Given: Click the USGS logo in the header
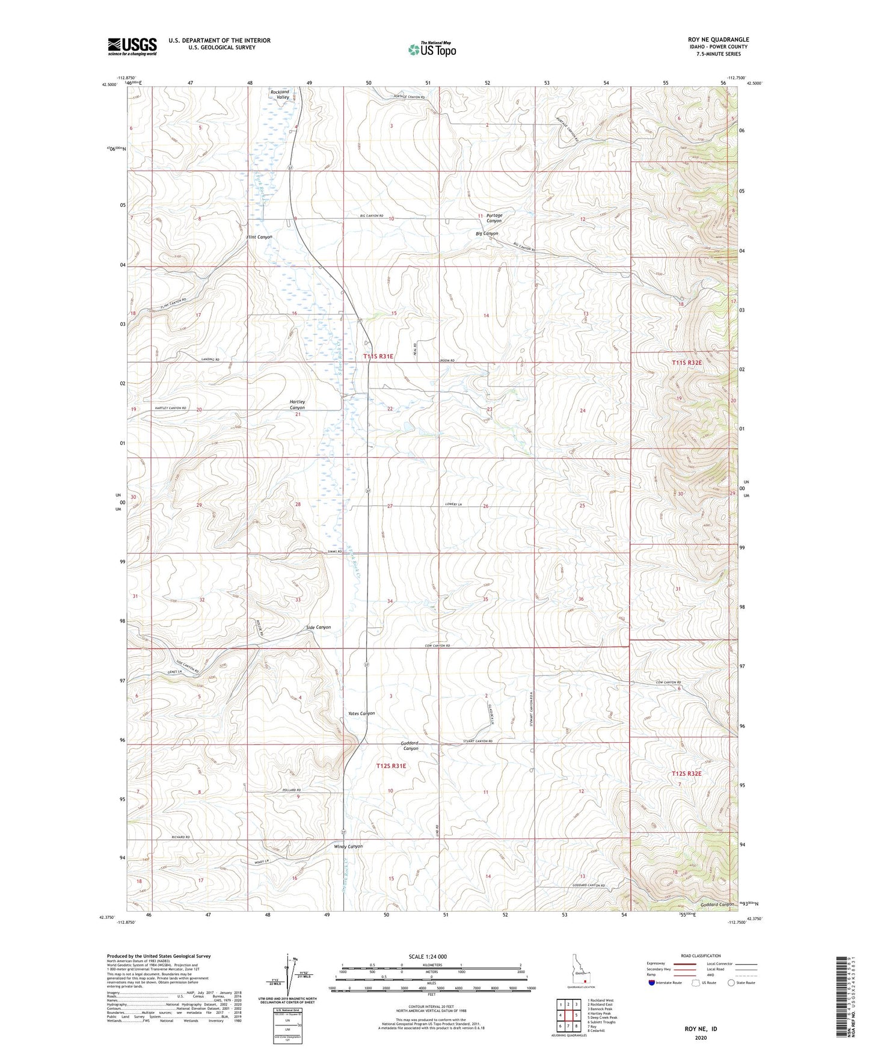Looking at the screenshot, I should (x=132, y=46).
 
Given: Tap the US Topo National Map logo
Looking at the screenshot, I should (x=431, y=49).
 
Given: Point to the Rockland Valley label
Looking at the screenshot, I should (x=280, y=94).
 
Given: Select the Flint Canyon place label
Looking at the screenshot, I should (x=259, y=237).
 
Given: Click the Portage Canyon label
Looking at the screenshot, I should (x=494, y=218).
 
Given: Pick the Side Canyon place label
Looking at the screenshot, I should (x=318, y=627).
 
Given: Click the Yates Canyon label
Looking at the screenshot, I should (x=361, y=713).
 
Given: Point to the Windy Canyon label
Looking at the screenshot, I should (x=348, y=846).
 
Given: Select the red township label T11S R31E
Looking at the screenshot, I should (x=378, y=357).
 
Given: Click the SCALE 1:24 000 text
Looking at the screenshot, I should (x=428, y=956).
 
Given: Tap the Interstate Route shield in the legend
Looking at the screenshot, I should (x=652, y=983).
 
